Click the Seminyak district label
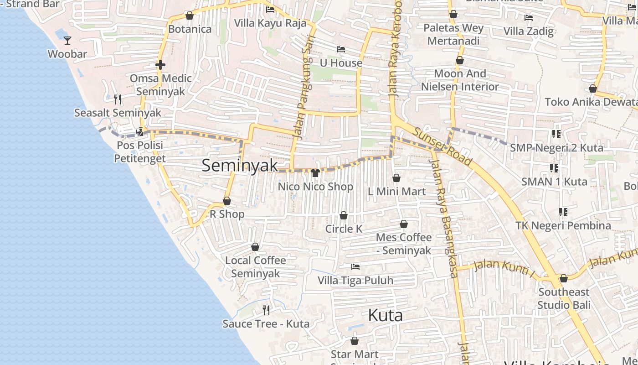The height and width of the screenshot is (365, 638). (x=240, y=166)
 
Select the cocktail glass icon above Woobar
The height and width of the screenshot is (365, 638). (x=67, y=41)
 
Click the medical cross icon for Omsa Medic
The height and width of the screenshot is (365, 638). (x=160, y=65)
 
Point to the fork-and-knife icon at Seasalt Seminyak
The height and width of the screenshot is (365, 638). (x=118, y=99)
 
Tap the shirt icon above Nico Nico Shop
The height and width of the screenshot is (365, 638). (x=315, y=172)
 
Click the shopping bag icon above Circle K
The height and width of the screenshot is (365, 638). (x=344, y=215)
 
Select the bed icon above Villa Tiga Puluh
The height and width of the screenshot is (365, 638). (x=355, y=266)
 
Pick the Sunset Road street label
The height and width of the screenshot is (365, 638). (x=442, y=146)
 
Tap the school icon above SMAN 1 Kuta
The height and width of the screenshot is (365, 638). (x=554, y=168)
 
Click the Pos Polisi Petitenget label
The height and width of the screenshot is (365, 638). (x=140, y=152)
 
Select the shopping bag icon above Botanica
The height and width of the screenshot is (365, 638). (x=190, y=16)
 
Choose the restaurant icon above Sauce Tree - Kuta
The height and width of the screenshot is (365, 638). (x=266, y=310)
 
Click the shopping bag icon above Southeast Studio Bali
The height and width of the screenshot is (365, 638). (x=564, y=278)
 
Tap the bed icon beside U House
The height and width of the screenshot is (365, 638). (x=341, y=49)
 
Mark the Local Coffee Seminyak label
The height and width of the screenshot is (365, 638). (x=256, y=267)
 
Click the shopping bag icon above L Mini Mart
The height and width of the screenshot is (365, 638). (x=396, y=178)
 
